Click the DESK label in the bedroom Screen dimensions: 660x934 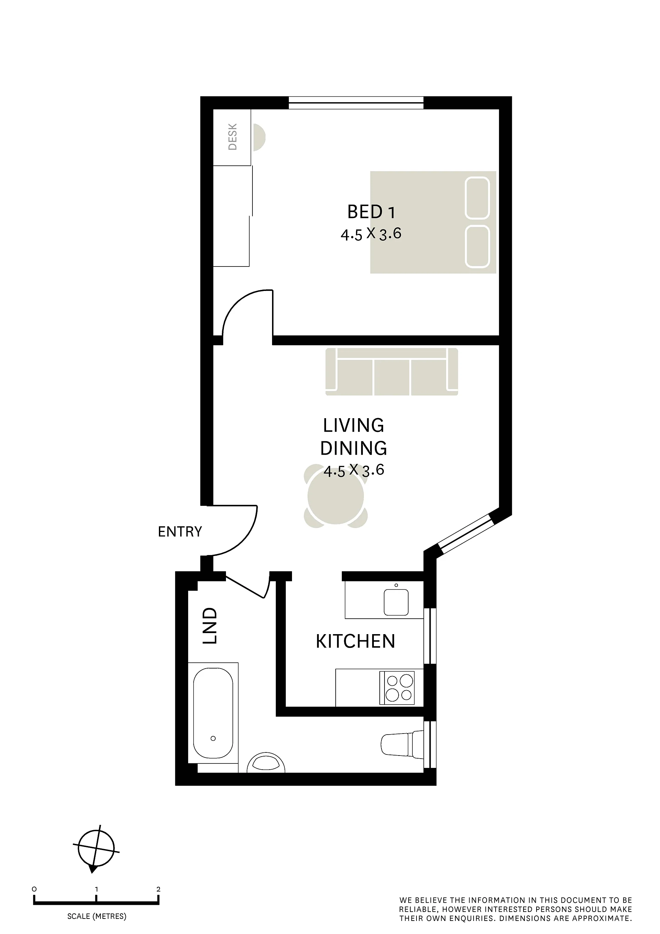[x=233, y=137]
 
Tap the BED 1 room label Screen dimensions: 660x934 [x=371, y=212]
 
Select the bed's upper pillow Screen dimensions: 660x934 [x=477, y=198]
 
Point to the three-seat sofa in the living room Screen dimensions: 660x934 [x=392, y=371]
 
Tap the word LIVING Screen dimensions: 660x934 [x=354, y=425]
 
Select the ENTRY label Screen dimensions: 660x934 [x=180, y=532]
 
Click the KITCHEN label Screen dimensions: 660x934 [x=356, y=641]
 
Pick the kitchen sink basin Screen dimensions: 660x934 [x=396, y=602]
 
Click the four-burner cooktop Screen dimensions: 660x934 [x=397, y=688]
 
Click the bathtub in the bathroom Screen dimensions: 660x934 [x=213, y=713]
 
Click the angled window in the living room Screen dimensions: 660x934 [x=465, y=534]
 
